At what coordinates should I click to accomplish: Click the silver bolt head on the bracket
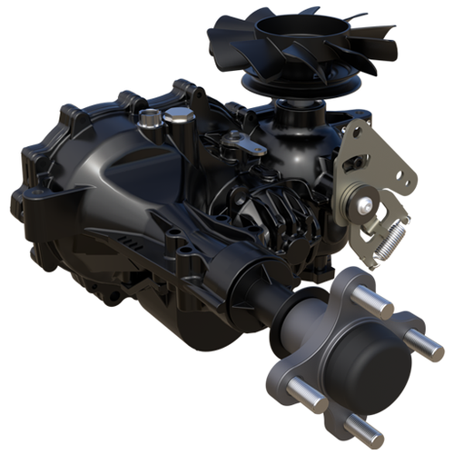click(x=365, y=206)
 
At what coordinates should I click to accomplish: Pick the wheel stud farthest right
click(x=425, y=344)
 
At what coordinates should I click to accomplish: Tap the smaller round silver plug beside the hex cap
click(x=149, y=117)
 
